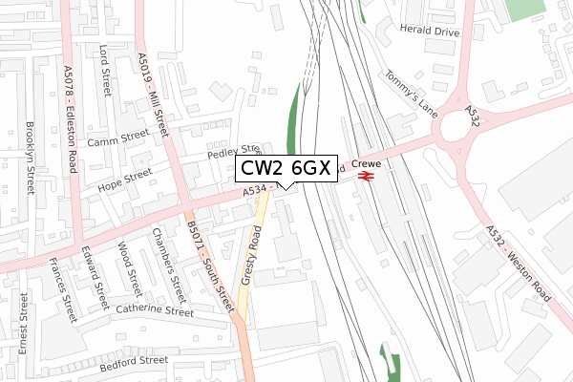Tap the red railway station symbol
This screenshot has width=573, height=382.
[364, 175]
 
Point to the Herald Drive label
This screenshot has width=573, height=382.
[430, 32]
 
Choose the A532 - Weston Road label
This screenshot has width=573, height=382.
[518, 265]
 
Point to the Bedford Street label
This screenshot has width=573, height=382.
[134, 361]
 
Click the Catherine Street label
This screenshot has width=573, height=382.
[155, 309]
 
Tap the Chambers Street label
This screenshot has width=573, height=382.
[168, 260]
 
